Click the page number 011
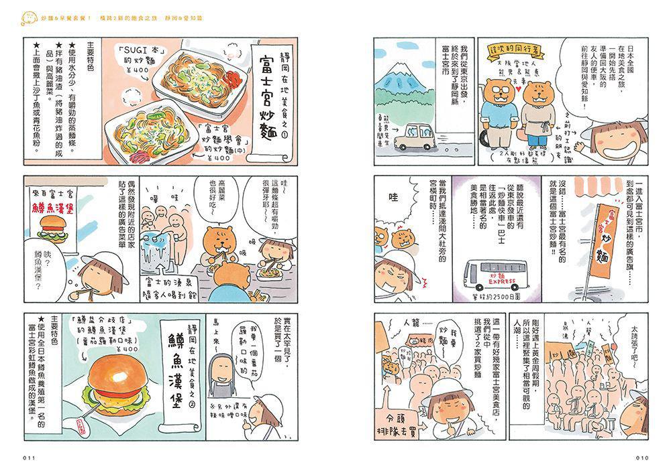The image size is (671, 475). [x=28, y=458]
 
